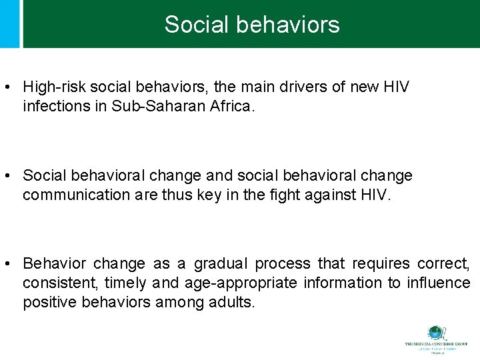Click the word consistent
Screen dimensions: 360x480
click(59, 283)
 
